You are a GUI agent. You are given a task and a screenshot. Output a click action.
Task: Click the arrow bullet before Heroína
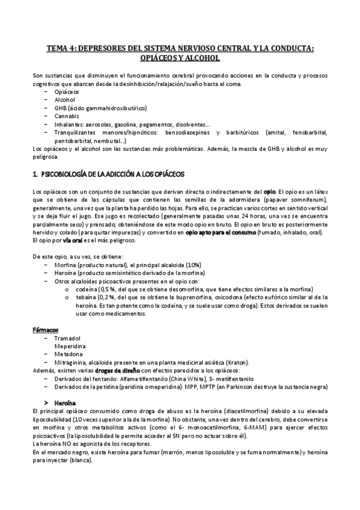coord(49,401)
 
